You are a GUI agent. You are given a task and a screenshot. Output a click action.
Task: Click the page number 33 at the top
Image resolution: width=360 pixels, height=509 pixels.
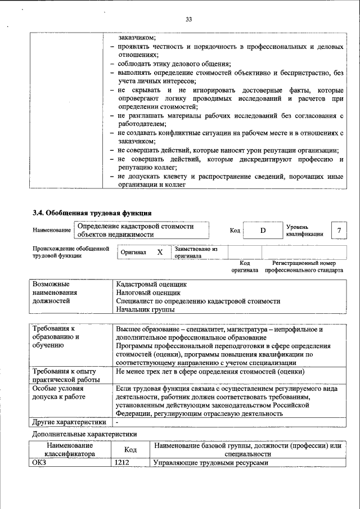point(188,20)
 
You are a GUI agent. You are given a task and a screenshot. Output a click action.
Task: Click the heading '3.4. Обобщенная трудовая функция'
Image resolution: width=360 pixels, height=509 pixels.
point(91,213)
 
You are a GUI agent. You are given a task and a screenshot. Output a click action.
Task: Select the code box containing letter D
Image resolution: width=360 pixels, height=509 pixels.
point(262,231)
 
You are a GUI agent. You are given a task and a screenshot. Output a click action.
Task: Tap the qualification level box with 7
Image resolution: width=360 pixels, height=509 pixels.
point(338,231)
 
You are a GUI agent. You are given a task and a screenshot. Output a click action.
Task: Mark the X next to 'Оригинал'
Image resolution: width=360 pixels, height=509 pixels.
point(160,253)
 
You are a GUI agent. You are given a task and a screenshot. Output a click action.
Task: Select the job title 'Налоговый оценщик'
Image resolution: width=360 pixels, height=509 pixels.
point(148,293)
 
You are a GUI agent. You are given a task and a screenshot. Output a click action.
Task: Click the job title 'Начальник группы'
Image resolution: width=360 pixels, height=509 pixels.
point(145,309)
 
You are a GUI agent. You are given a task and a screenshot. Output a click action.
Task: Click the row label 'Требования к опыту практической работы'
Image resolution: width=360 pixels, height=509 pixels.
point(64,376)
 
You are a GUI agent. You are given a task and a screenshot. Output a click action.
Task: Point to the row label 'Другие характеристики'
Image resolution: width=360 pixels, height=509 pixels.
point(69,422)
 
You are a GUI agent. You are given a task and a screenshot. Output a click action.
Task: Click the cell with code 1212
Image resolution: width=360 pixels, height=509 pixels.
point(122,463)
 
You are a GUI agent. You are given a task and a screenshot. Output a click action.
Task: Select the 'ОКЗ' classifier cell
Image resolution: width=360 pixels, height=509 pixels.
point(40,463)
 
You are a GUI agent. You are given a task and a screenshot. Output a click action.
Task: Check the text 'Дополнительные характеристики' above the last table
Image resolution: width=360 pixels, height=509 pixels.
point(84,434)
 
